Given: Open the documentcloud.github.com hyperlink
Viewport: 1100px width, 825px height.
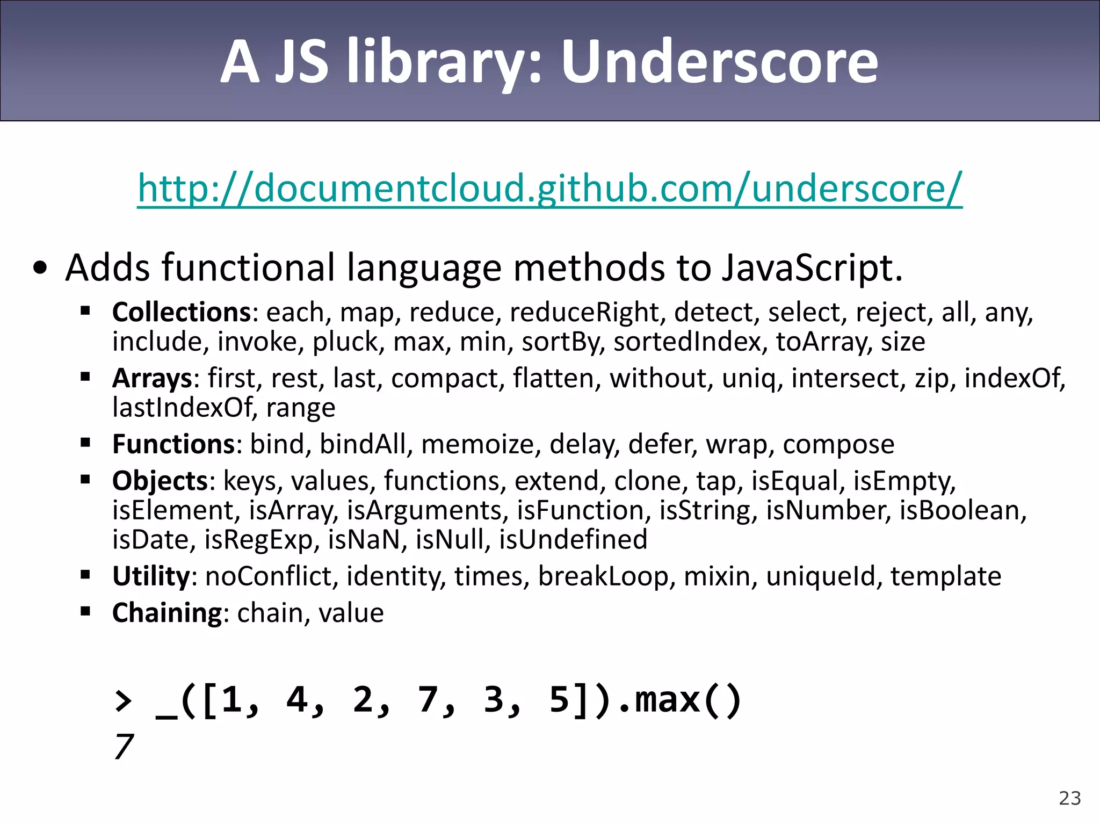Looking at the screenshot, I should [549, 188].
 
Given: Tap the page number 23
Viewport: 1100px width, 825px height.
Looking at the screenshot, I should [1069, 798].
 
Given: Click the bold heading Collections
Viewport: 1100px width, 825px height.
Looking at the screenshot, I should [182, 312].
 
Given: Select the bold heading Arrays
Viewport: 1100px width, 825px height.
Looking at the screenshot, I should [152, 378].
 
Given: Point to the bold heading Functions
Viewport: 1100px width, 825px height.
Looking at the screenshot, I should [173, 444].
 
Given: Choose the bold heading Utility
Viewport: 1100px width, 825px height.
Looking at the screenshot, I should [151, 576].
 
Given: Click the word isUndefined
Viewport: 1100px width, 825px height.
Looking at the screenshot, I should [573, 539].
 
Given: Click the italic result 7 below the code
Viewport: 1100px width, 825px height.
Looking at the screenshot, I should [124, 747].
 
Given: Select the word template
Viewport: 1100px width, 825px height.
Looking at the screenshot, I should [946, 576].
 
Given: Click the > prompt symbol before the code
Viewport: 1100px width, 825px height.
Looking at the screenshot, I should [124, 700].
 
